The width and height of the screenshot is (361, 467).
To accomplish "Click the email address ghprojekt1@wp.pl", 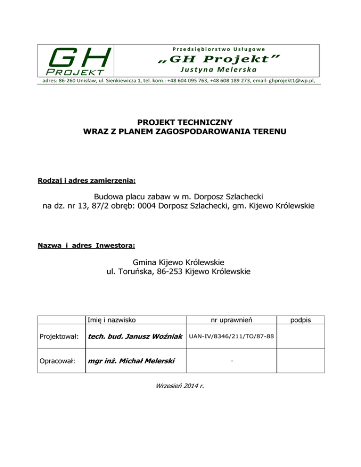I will coord(293,80).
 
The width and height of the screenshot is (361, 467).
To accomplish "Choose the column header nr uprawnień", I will coord(232,319).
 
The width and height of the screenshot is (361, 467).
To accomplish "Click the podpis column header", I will coord(300,319).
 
